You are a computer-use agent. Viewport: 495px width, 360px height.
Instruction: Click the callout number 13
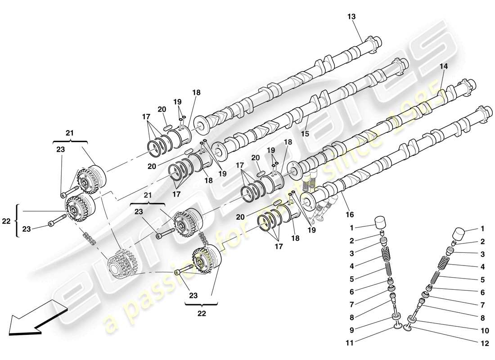tap(351, 17)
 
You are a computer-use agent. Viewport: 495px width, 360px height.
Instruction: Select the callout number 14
tap(444, 66)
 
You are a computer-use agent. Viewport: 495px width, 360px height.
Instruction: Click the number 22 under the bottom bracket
tap(201, 314)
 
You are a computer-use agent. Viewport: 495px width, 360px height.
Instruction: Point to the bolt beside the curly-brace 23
tap(54, 221)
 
